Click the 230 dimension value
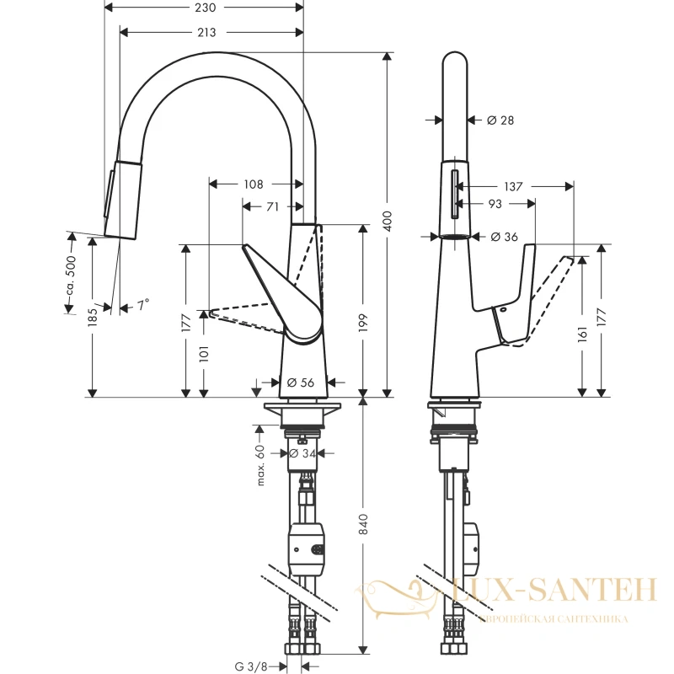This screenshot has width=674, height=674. (205, 8)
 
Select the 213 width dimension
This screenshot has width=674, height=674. (206, 32)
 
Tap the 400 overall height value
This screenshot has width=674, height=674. (388, 222)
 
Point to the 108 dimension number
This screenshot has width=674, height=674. (254, 185)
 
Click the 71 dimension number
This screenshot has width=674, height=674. (272, 206)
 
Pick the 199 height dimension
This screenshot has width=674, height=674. (363, 323)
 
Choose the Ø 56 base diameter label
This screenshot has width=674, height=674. (301, 382)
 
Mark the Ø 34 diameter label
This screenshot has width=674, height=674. (302, 453)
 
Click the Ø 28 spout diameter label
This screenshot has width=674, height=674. (500, 120)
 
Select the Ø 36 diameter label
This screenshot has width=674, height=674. (504, 237)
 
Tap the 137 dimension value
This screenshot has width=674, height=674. (513, 186)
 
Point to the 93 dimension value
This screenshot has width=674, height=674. (495, 204)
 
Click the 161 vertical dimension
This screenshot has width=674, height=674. (582, 334)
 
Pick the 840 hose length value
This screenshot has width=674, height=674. (364, 524)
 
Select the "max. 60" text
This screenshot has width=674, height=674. (260, 466)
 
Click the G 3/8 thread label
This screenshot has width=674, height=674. (251, 666)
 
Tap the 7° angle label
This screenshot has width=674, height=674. (143, 305)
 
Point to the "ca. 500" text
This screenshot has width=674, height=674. (71, 276)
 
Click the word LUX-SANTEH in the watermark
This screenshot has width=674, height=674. (554, 589)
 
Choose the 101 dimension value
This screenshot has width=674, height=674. (204, 354)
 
